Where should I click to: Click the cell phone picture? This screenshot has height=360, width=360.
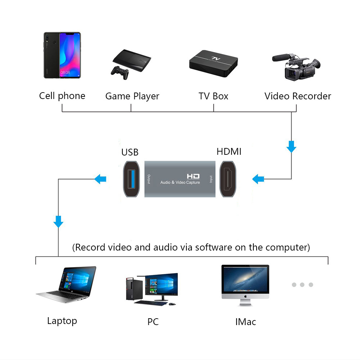(62, 55)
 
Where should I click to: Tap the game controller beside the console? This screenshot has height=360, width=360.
(120, 72)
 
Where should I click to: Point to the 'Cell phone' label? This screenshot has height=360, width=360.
(62, 96)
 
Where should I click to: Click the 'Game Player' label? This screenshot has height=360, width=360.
(132, 96)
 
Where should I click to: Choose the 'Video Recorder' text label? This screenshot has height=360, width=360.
(298, 96)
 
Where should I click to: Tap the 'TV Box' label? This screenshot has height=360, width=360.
(213, 96)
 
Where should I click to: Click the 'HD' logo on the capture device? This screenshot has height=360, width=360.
(193, 176)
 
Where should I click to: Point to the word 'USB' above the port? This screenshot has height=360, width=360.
(130, 152)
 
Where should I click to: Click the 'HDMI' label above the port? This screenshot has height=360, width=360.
(229, 152)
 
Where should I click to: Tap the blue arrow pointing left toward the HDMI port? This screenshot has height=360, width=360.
(258, 179)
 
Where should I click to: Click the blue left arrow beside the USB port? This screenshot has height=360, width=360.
(100, 178)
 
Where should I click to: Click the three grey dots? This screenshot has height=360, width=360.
(302, 285)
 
